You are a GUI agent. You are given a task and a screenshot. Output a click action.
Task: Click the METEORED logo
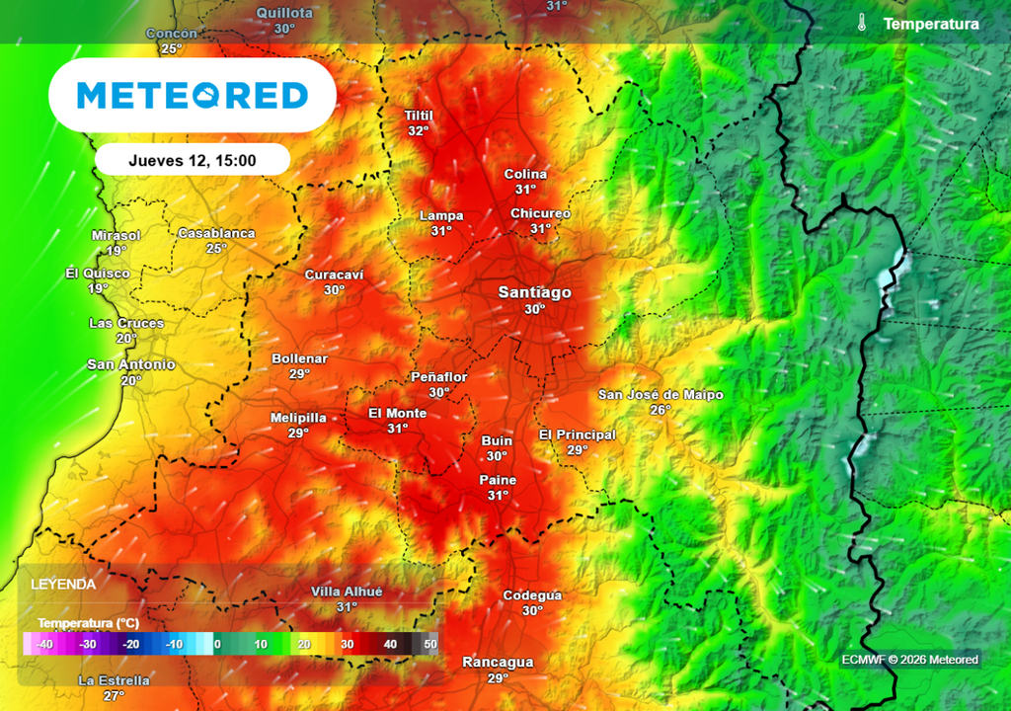193,95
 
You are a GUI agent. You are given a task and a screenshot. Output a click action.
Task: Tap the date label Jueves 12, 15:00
193,160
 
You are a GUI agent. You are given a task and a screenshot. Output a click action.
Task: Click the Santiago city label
534,292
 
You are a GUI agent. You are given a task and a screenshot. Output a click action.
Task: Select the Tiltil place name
419,116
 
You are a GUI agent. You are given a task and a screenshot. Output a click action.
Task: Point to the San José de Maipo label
661,395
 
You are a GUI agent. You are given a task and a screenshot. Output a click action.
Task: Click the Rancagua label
498,663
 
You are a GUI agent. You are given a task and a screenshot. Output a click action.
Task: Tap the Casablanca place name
216,234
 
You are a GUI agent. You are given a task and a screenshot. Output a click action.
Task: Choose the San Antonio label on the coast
131,364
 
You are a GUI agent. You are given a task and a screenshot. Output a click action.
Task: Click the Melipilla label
298,418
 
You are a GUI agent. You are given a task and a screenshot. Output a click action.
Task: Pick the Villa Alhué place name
347,592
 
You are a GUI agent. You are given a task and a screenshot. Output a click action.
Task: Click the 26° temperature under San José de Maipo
661,410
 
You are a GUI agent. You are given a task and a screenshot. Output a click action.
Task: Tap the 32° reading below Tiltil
419,131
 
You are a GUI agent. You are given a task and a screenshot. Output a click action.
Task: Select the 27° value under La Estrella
115,695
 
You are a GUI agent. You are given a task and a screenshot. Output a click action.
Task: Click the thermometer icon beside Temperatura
862,23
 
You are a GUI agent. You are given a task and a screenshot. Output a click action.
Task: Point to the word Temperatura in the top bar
931,24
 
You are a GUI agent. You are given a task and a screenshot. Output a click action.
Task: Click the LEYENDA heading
63,585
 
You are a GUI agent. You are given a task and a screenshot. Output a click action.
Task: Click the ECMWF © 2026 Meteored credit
909,660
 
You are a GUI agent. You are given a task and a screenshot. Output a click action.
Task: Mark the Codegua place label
532,595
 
